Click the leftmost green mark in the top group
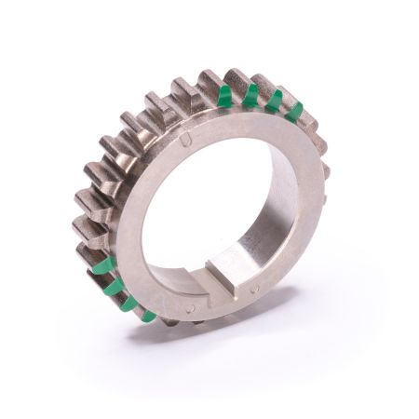pyautogui.click(x=224, y=96)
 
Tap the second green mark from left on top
pyautogui.click(x=250, y=94)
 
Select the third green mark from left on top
pyautogui.click(x=275, y=100)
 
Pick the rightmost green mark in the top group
pyautogui.click(x=295, y=111)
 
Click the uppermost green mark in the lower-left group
pyautogui.click(x=105, y=267)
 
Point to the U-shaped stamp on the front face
pyautogui.click(x=187, y=140)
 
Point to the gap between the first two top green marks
pyautogui.click(x=237, y=96)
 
